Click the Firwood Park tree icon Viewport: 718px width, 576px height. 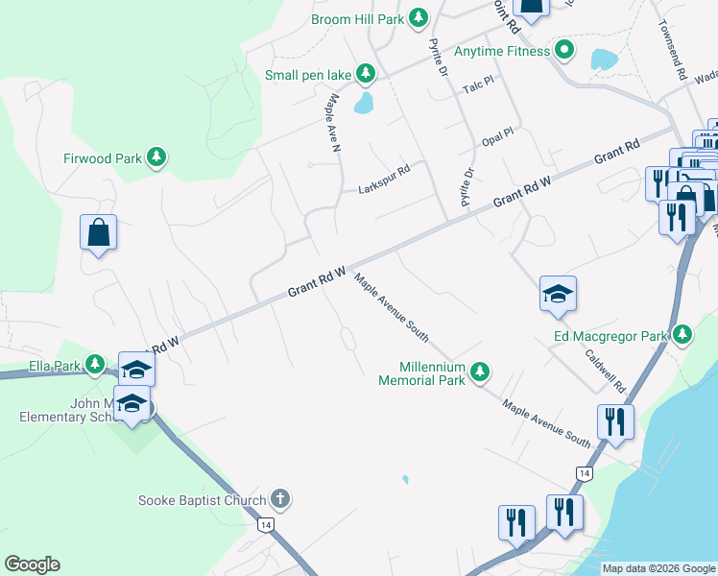[x=156, y=157]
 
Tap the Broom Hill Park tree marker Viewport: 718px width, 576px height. [x=419, y=17]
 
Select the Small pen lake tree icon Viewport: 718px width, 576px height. [x=366, y=73]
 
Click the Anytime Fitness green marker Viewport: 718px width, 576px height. [x=564, y=51]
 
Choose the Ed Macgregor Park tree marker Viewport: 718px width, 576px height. [x=682, y=335]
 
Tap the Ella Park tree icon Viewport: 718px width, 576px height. [x=94, y=365]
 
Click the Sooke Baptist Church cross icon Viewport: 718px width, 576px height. [x=279, y=499]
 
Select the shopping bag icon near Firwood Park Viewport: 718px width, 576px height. [x=99, y=232]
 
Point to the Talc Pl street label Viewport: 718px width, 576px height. [x=477, y=86]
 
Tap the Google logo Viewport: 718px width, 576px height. [x=32, y=564]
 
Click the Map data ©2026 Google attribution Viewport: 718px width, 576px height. [x=658, y=568]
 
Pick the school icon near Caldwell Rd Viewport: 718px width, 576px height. [x=558, y=295]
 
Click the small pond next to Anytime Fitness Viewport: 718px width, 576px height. [x=605, y=60]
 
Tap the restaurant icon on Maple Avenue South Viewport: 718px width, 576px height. [x=612, y=421]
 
